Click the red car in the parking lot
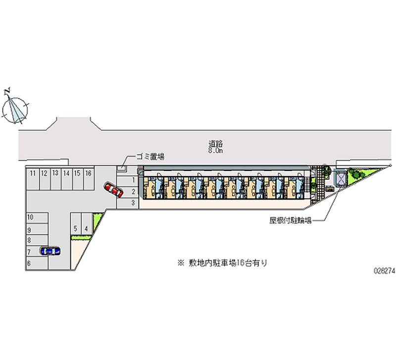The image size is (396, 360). pyautogui.click(x=113, y=190)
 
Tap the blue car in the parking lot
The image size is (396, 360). pyautogui.click(x=49, y=251)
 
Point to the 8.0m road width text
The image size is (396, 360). pyautogui.click(x=216, y=151)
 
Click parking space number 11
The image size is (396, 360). pyautogui.click(x=32, y=173)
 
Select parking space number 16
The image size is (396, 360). pyautogui.click(x=88, y=173)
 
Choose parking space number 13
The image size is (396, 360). pyautogui.click(x=55, y=173)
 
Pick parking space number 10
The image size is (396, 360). pyautogui.click(x=31, y=217)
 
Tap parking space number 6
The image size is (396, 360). pyautogui.click(x=30, y=264)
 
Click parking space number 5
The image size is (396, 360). pyautogui.click(x=75, y=228)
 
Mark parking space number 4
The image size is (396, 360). pyautogui.click(x=86, y=228)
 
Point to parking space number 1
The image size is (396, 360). pyautogui.click(x=134, y=180)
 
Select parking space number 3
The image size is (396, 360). pyautogui.click(x=134, y=203)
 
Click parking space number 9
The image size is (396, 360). pyautogui.click(x=30, y=230)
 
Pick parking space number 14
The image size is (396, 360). pyautogui.click(x=66, y=173)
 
